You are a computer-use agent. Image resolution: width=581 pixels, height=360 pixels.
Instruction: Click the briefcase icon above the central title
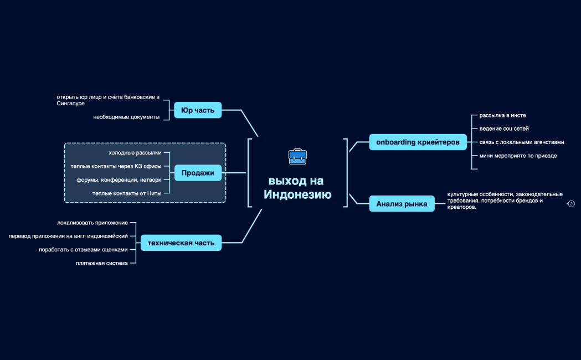coord(297,157)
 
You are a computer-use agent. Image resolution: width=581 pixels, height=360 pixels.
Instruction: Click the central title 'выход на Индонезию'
coord(297,188)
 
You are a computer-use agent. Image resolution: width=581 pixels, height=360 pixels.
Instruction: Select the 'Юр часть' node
coord(198,110)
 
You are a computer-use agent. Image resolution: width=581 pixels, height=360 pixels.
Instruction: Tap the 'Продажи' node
coord(198,173)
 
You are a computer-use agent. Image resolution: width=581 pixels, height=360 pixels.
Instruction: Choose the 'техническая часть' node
coord(181,243)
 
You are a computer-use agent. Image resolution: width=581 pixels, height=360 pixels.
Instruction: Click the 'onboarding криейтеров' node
coord(418,142)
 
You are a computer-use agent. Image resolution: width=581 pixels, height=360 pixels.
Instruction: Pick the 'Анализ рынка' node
coord(402,204)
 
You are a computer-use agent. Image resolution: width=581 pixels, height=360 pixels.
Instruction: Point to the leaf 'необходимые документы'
coord(126,117)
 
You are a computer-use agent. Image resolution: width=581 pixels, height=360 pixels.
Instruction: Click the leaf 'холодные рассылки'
coord(135,152)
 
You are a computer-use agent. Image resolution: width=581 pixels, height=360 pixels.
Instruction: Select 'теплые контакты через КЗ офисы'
coord(116,166)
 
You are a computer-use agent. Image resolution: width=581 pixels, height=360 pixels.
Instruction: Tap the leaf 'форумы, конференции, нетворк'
coord(119,179)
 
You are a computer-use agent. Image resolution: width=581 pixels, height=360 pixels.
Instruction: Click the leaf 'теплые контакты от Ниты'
coord(127,193)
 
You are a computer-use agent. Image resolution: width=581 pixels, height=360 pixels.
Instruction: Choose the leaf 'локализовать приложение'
coord(92,223)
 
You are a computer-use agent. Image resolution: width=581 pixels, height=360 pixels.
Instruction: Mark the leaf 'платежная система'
coord(102,263)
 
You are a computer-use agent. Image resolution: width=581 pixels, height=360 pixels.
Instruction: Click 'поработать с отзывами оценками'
coord(83,250)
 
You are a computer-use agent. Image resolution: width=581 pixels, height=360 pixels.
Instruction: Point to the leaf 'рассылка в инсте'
coord(502,115)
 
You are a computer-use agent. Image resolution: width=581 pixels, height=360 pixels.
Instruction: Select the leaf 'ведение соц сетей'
coord(500,128)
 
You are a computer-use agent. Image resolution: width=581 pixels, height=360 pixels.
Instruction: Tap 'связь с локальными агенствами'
coord(522,142)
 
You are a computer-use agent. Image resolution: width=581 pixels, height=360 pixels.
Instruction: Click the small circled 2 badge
coord(572,204)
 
